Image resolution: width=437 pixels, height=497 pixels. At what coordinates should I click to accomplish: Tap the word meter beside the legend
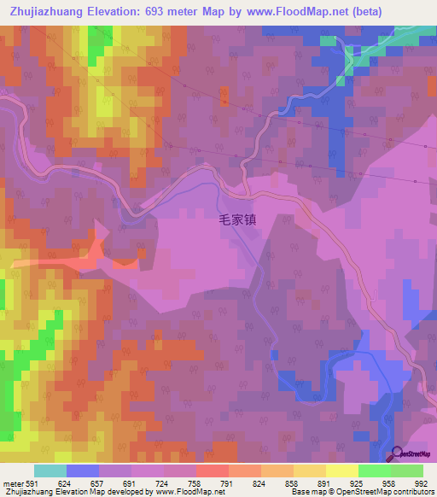pyautogui.click(x=13, y=482)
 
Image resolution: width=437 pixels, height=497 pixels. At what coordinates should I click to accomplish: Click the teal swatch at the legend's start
pyautogui.click(x=50, y=471)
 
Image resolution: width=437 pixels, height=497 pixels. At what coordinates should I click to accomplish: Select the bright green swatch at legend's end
pyautogui.click(x=407, y=471)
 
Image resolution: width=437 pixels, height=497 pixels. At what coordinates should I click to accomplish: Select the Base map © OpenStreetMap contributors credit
pyautogui.click(x=360, y=492)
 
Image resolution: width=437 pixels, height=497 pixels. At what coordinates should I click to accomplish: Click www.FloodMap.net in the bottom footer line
pyautogui.click(x=174, y=492)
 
